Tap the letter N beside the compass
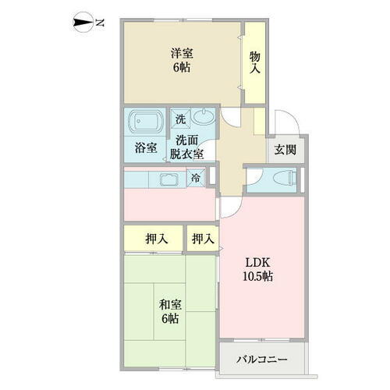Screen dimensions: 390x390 [x=99, y=23]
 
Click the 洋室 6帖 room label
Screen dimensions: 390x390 [x=183, y=60]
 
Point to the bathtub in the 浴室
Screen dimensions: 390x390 [x=145, y=123]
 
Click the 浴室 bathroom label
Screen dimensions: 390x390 [x=145, y=147]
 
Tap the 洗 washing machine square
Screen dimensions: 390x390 [x=180, y=119]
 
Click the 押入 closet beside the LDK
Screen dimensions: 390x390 [x=203, y=239]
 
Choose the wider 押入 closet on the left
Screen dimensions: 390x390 [x=156, y=239]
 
